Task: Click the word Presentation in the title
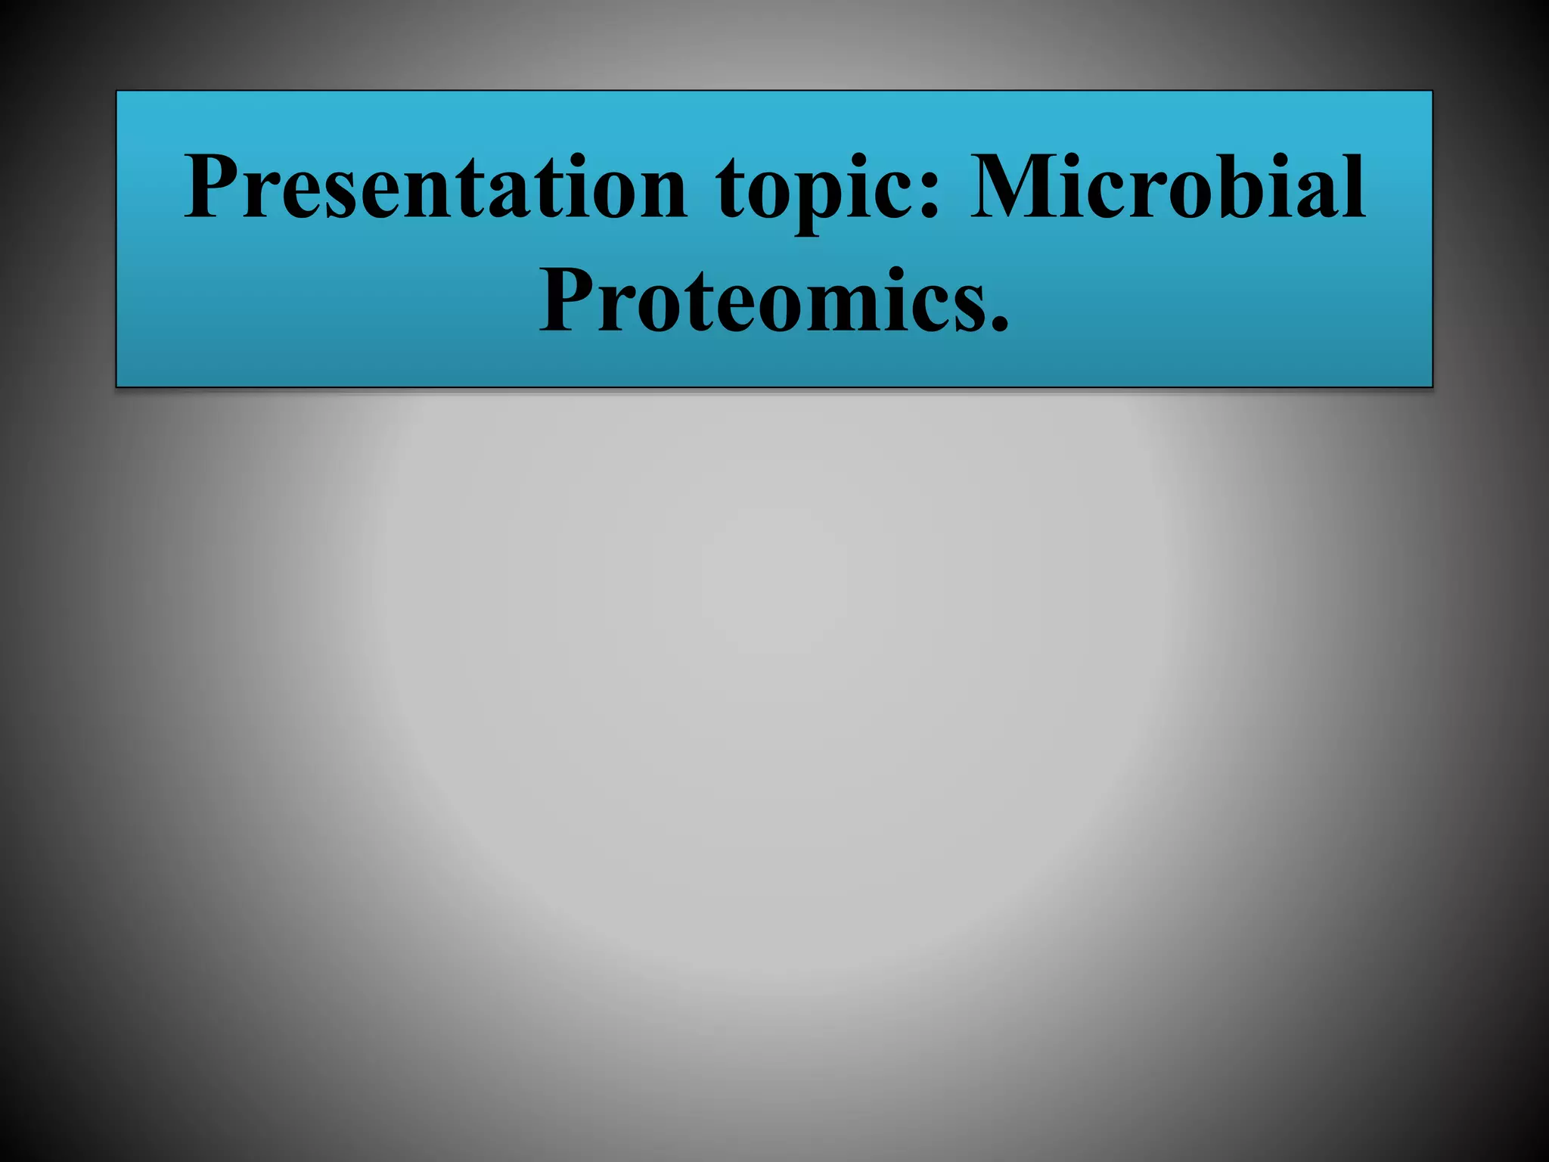[435, 188]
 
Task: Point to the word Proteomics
[764, 300]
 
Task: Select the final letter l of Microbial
[1354, 186]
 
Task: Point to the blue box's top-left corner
[117, 92]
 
